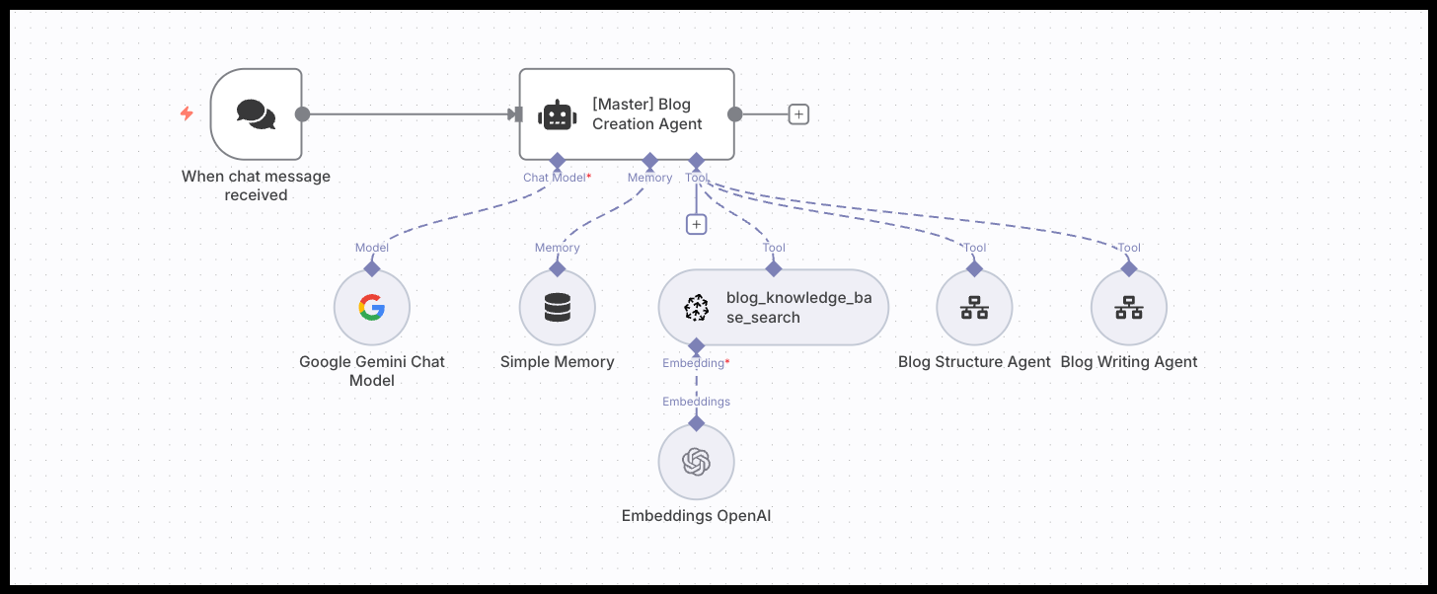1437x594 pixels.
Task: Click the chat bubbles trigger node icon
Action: tap(256, 114)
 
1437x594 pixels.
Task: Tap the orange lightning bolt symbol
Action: tap(187, 114)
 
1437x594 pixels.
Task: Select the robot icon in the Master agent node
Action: tap(557, 114)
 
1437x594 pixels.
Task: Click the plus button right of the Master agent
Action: tap(798, 114)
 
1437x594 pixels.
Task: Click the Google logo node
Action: tap(371, 308)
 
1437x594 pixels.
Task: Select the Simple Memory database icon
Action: tap(557, 308)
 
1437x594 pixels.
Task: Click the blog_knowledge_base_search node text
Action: tap(798, 308)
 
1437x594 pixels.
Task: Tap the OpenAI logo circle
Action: tap(696, 462)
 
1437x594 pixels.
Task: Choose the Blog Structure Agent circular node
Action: tap(974, 308)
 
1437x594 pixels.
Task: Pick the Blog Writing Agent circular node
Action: tap(1128, 308)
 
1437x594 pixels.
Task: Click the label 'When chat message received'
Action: tap(256, 186)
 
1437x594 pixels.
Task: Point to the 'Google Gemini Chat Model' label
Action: tap(372, 371)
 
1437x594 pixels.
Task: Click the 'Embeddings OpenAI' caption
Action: tap(696, 515)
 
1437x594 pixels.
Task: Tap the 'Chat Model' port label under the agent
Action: tap(554, 178)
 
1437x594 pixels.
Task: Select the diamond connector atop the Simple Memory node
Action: tap(557, 267)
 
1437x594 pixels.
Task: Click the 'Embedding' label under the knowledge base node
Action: tap(693, 363)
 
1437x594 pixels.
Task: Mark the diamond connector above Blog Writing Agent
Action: tap(1128, 267)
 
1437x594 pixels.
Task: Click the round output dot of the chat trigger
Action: tap(303, 114)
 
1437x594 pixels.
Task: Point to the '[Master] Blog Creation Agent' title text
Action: tap(647, 114)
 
